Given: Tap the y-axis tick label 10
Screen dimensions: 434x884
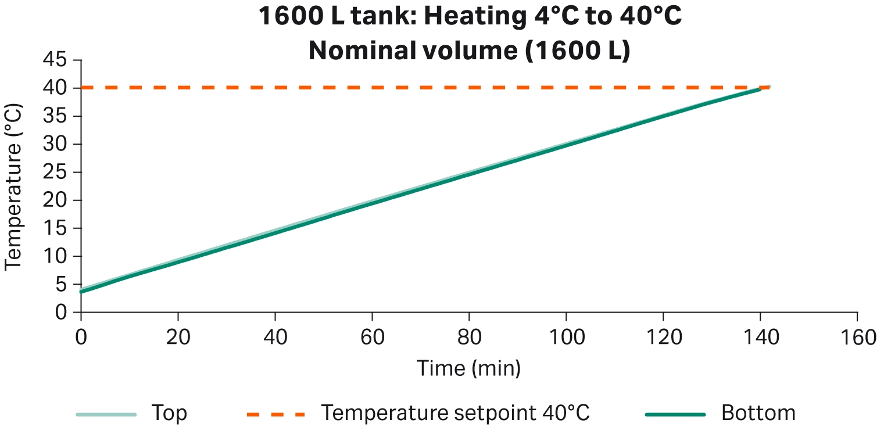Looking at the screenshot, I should point(56,256).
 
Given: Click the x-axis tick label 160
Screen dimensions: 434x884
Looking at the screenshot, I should point(857,338).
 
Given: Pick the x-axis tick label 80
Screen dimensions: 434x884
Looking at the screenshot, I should point(468,338).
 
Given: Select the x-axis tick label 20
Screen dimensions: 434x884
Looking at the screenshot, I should point(177,338).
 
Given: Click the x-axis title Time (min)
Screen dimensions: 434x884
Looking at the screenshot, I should point(468,368).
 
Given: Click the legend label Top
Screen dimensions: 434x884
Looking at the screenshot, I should point(169,414).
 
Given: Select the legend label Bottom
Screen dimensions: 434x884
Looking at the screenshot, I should point(758,414).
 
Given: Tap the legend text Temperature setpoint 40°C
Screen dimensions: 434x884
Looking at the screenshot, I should point(456,414).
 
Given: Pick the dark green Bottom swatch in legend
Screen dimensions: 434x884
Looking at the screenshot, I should point(675,414).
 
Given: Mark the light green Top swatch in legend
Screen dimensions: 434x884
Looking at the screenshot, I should point(106,414).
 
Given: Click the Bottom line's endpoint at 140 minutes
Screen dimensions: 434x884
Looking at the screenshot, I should point(760,89).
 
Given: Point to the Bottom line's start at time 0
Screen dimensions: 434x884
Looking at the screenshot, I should point(81,291).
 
